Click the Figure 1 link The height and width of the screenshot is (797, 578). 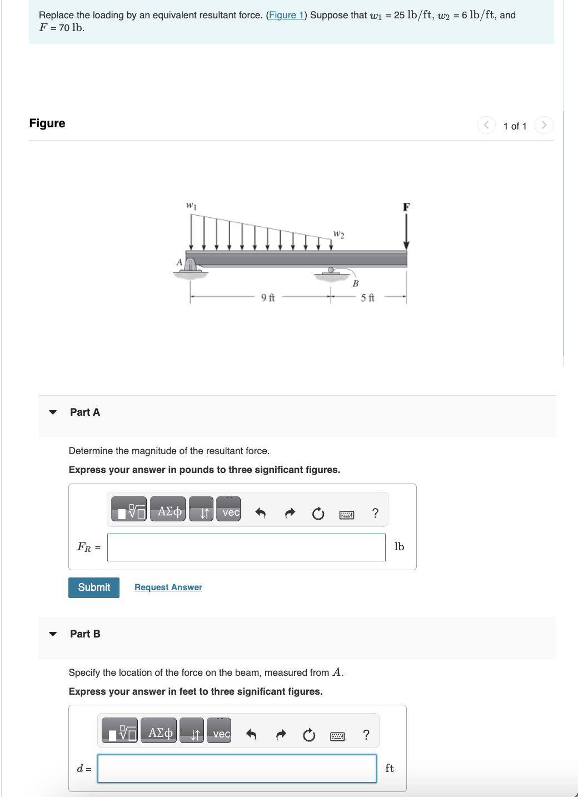(286, 15)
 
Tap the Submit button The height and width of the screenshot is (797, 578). (94, 587)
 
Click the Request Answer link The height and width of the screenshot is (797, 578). (168, 587)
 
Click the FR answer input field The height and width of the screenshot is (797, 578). (246, 547)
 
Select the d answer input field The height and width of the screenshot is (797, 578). (237, 769)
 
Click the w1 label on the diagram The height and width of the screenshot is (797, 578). (191, 206)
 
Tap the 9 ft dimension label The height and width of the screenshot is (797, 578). (268, 298)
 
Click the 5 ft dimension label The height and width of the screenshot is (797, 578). (368, 298)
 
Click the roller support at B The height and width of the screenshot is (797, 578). (331, 272)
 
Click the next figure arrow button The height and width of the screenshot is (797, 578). (544, 125)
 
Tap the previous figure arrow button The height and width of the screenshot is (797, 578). (486, 125)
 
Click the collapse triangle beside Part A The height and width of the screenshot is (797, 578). (53, 412)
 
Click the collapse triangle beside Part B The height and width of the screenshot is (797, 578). (53, 634)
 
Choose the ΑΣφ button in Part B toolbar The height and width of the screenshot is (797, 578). (160, 733)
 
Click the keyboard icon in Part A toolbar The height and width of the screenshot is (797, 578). (346, 515)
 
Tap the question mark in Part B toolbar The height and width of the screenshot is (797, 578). (366, 735)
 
